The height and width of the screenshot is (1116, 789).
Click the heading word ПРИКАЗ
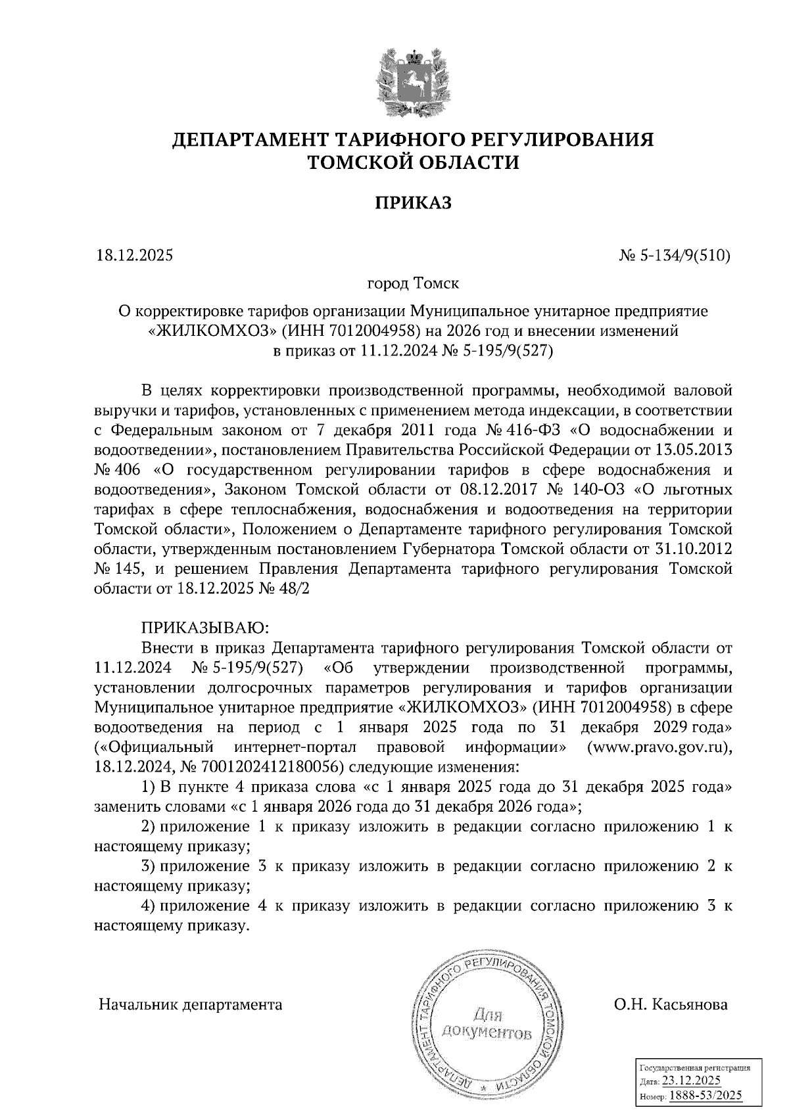414,203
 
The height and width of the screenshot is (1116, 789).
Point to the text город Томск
412,284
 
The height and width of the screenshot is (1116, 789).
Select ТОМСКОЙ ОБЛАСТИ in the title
414,162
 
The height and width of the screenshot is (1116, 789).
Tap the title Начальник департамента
190,1005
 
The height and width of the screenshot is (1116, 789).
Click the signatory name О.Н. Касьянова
670,1005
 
